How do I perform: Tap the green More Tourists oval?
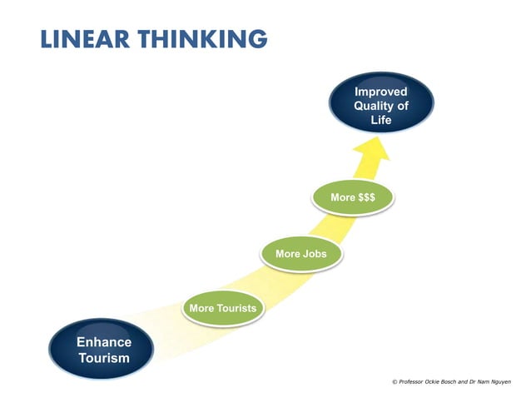point(223,308)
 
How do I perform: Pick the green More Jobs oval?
point(301,253)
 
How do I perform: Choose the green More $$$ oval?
point(353,198)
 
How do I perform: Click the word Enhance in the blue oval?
point(104,341)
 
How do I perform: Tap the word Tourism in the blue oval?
point(104,358)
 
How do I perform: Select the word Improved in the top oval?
point(380,91)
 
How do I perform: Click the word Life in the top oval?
point(380,121)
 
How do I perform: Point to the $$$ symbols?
point(365,198)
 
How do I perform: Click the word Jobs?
point(314,253)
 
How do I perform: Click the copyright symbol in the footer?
point(394,381)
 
